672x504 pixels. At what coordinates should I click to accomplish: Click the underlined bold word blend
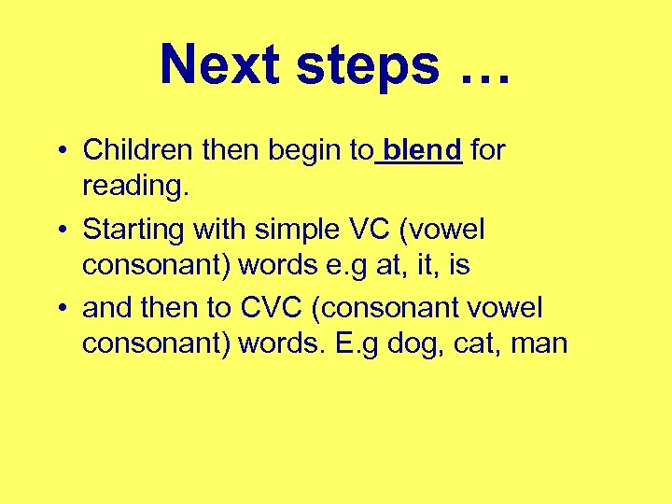pos(423,149)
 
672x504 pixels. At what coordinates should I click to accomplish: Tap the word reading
pos(135,188)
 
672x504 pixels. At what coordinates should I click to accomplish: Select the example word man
pos(540,344)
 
